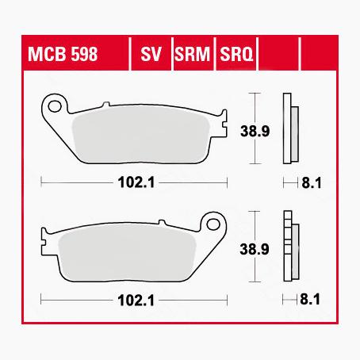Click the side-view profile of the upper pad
click(x=289, y=127)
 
